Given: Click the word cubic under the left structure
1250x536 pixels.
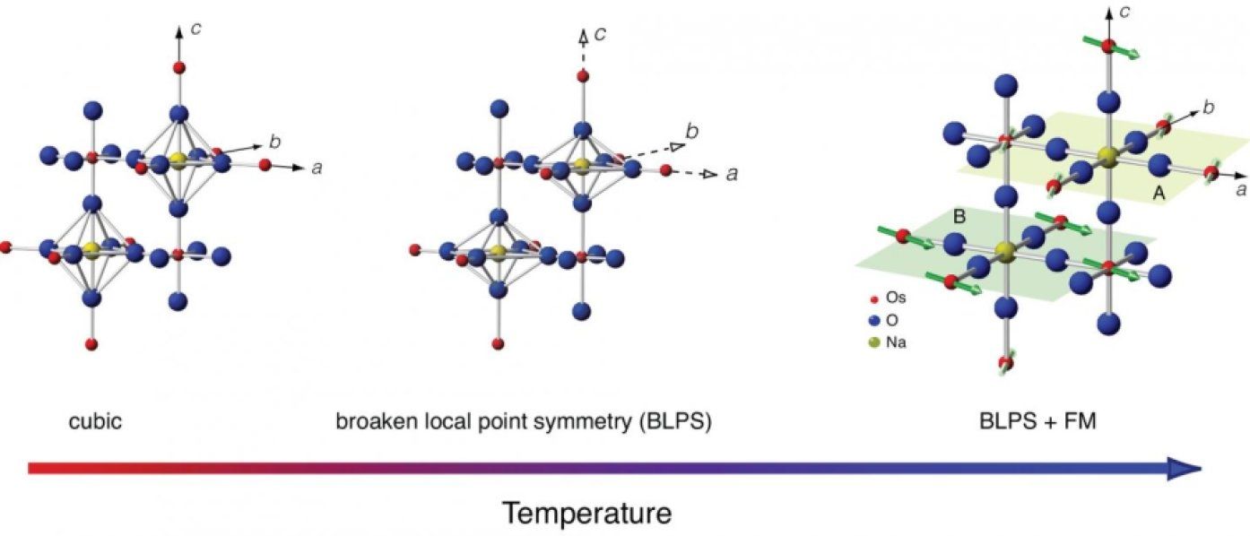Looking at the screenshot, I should click(x=95, y=421).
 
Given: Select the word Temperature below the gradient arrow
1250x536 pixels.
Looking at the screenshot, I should click(x=586, y=514).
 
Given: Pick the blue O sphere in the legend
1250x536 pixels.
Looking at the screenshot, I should click(x=874, y=320).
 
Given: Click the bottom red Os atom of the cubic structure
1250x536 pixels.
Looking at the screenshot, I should click(x=91, y=343).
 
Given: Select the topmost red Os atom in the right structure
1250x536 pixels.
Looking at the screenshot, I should click(x=1108, y=46).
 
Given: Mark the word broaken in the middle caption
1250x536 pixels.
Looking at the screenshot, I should click(x=374, y=421).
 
